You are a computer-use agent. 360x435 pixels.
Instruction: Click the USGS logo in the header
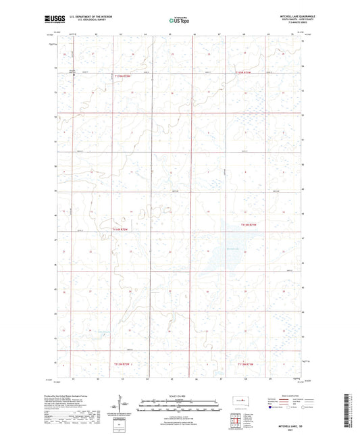coord(51,19)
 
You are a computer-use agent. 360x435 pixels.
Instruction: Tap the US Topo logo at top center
coord(179,20)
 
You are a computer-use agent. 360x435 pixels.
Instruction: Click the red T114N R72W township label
coord(250,225)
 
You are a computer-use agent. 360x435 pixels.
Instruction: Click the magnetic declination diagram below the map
coord(122,405)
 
